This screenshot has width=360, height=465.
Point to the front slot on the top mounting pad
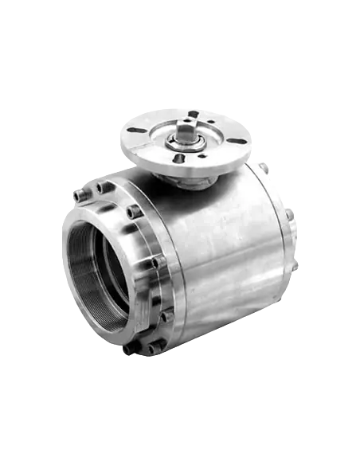(179, 158)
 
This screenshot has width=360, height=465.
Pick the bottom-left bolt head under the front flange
(127, 348)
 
